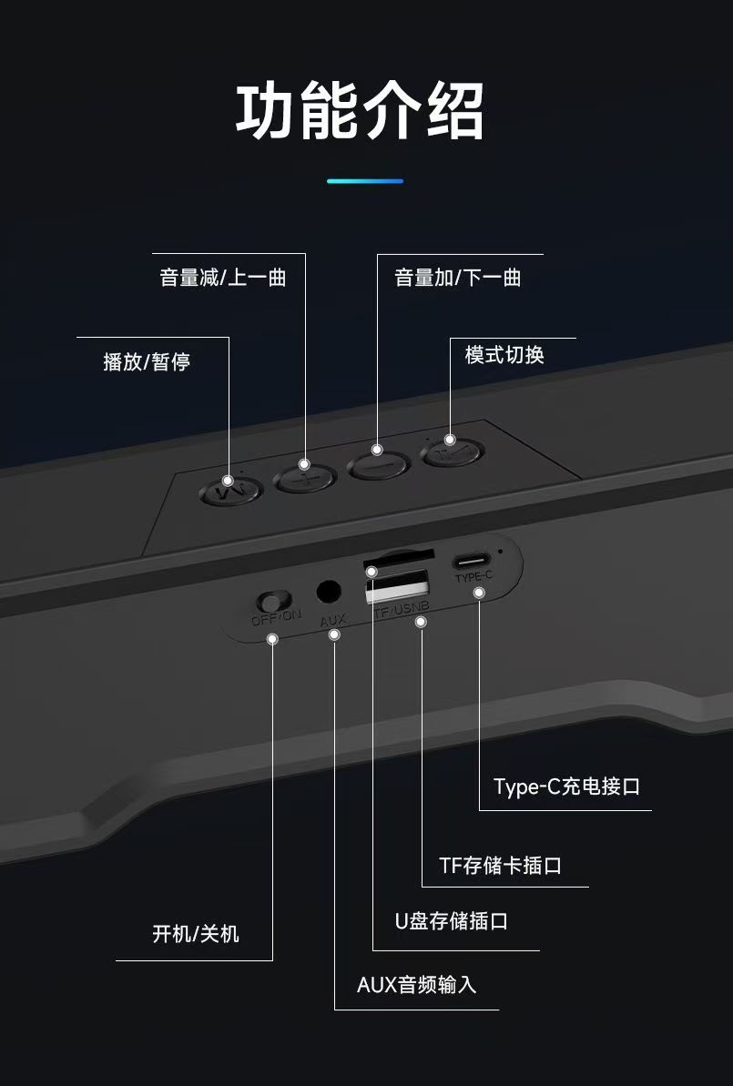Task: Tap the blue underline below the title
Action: pos(364,181)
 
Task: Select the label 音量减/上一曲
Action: pos(223,279)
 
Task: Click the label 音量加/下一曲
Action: pos(457,279)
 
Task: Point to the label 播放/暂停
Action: pos(147,362)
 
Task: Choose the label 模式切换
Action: pos(504,355)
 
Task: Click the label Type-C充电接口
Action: pos(566,787)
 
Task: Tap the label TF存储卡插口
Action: pos(500,865)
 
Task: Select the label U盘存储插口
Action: pos(451,921)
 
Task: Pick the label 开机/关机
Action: pos(196,934)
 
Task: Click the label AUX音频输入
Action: pos(416,985)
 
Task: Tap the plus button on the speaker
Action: pos(305,477)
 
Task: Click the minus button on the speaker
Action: pos(378,463)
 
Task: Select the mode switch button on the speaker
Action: pos(451,452)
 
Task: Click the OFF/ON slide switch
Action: pos(272,601)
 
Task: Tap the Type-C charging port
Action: pos(473,561)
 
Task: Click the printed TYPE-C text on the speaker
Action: pos(473,577)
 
